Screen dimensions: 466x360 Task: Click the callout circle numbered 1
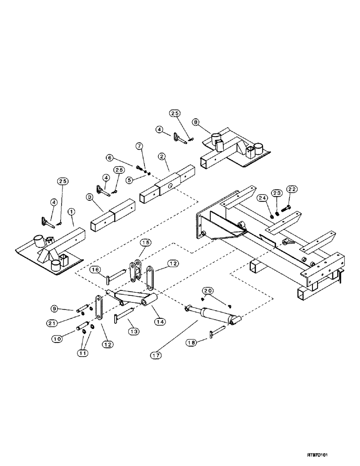(x=71, y=212)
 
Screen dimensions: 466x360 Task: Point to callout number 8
(x=196, y=123)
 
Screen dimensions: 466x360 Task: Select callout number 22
(x=292, y=189)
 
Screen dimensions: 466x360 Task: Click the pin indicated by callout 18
(x=217, y=332)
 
